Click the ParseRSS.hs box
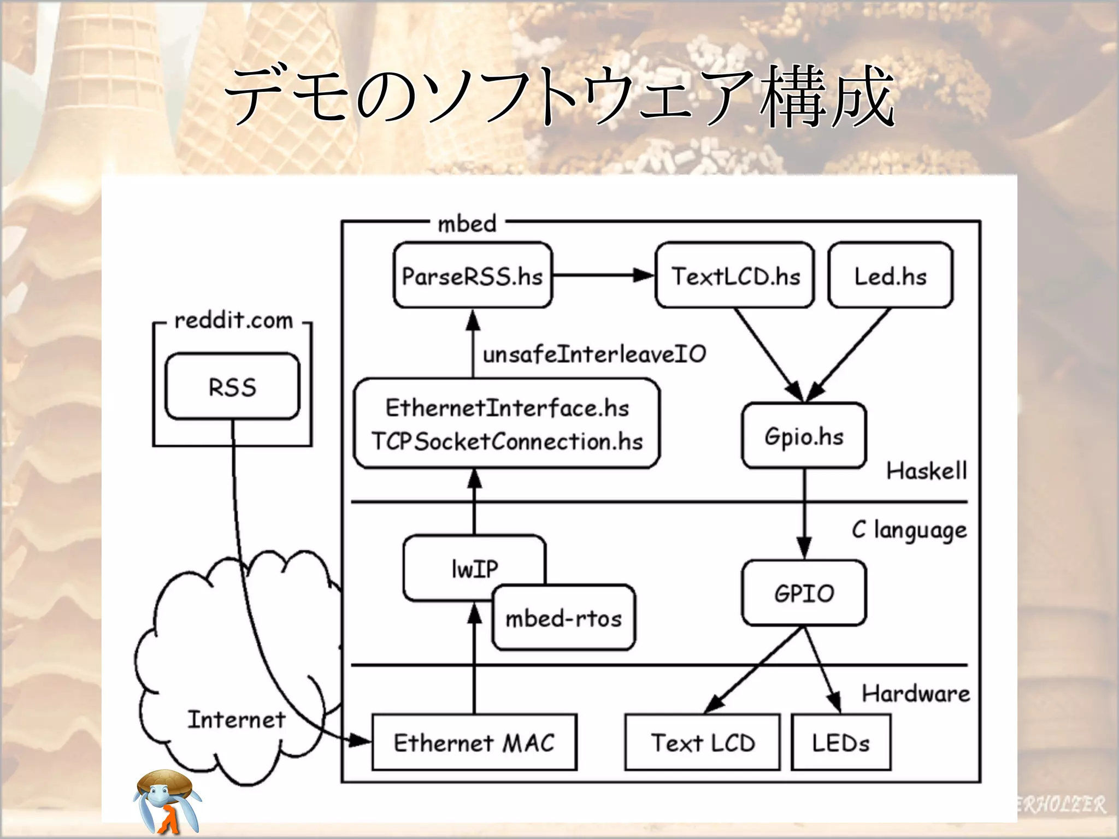coord(473,275)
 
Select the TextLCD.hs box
coord(735,275)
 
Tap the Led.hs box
coord(890,275)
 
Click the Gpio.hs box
coord(804,435)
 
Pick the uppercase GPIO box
coord(804,593)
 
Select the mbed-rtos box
coord(563,618)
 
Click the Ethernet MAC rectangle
coord(474,742)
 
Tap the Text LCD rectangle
coord(702,742)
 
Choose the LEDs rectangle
coord(840,742)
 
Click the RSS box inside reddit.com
coord(232,387)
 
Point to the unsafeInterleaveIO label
coord(594,354)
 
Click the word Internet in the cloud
coord(236,719)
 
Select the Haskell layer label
coord(926,470)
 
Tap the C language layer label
coord(909,530)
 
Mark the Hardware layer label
coord(916,693)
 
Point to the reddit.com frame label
coord(233,320)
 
